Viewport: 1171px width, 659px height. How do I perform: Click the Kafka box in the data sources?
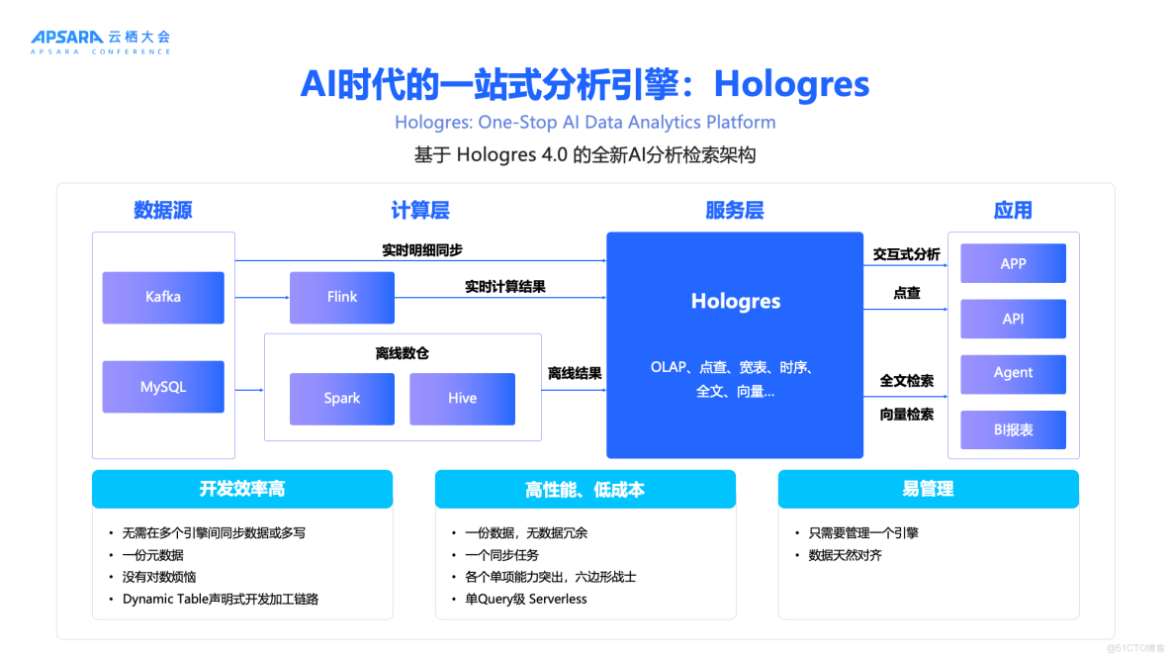coord(163,297)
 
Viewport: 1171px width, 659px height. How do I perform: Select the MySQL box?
coord(163,387)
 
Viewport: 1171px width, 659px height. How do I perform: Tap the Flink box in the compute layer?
coord(342,297)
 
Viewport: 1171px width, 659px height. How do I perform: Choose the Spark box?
coord(342,399)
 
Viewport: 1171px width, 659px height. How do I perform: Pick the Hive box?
coord(462,399)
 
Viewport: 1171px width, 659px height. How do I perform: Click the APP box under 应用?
coord(1013,264)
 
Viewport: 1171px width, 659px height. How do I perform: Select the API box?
coord(1013,319)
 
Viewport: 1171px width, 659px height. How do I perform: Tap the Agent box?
coord(1013,373)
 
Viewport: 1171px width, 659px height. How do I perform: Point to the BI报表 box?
coord(1013,429)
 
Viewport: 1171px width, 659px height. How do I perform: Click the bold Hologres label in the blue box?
coord(735,302)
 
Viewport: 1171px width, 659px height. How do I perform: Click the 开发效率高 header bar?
coord(242,489)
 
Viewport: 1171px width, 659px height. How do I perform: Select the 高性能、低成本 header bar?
coord(585,489)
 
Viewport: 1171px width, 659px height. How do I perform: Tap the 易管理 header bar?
coord(928,489)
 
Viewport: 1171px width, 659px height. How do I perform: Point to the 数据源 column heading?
coord(163,210)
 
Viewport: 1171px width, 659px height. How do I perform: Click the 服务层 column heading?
coord(735,210)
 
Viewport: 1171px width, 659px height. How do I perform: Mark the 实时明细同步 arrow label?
coord(422,250)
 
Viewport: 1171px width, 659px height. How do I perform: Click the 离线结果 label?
coord(575,373)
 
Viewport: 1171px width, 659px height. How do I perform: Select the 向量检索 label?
coord(907,415)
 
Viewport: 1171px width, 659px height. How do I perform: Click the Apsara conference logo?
coord(100,41)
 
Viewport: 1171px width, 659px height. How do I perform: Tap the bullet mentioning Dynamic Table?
coord(220,599)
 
